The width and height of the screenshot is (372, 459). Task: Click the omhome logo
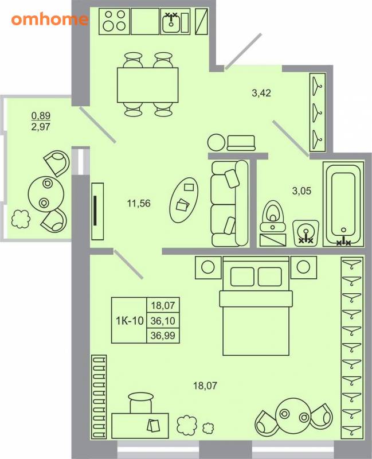tap(50, 20)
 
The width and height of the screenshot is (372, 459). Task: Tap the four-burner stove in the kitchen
tap(115, 21)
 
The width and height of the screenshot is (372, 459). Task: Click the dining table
tap(148, 85)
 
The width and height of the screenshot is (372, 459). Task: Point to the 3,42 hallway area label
tap(261, 93)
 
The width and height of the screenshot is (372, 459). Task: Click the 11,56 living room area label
tap(139, 203)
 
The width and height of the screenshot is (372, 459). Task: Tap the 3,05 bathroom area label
tap(301, 191)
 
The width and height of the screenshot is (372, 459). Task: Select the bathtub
tap(343, 204)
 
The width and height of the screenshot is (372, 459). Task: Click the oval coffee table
tap(185, 200)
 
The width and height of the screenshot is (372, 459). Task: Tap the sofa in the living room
tap(230, 203)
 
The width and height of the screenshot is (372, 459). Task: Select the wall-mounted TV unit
tap(97, 211)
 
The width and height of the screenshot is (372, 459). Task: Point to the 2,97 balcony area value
tap(41, 127)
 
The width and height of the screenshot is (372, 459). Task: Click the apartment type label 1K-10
tap(130, 321)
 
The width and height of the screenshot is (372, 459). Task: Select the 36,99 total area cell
tap(163, 336)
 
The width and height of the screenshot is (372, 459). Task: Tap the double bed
tap(256, 306)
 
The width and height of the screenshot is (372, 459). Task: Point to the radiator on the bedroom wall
tap(99, 397)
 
